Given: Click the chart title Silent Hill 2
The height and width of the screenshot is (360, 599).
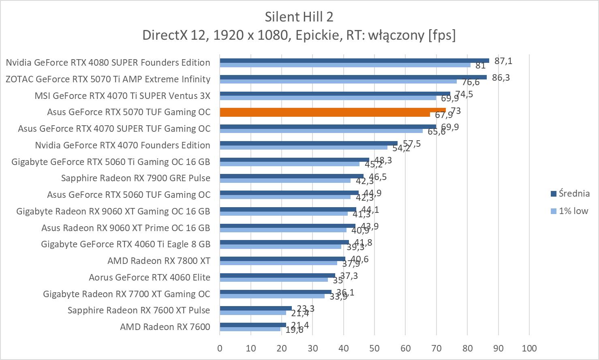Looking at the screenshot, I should (299, 17).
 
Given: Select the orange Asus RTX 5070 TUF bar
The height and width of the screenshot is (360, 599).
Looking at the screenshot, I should (332, 110).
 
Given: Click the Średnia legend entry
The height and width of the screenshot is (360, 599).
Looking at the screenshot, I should (573, 194).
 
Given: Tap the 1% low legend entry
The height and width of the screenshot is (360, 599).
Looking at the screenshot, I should (573, 211).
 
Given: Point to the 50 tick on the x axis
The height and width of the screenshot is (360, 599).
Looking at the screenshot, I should (374, 348).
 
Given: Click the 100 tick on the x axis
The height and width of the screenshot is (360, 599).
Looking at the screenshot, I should (529, 348).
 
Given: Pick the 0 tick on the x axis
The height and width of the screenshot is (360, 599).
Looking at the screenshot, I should (220, 348).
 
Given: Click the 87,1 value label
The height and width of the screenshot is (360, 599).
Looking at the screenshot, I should (503, 61).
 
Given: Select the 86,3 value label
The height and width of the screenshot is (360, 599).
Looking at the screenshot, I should (501, 77).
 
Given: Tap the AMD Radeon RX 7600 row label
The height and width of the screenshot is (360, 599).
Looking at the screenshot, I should (165, 327).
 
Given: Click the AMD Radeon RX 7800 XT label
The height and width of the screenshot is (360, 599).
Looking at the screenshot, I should (159, 261).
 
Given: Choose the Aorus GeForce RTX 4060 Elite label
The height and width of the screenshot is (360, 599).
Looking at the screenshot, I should (150, 277).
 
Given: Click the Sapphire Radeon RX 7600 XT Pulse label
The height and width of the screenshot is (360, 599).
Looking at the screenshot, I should (139, 310).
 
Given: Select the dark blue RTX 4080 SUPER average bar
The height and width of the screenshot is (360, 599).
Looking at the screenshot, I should (354, 61).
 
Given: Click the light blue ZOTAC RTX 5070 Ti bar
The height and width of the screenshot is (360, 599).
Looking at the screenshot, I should (338, 81).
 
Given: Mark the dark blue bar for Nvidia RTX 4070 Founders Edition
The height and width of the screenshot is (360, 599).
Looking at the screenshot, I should (308, 143).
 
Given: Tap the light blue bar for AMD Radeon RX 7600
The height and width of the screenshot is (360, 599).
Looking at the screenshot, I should (250, 329).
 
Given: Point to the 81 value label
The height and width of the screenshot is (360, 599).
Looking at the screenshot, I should (481, 66).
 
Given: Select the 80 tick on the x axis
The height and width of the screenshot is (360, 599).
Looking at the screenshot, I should (467, 348).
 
